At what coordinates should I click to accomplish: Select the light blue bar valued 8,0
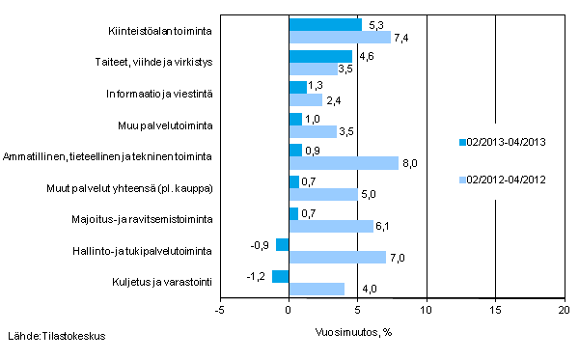(x=344, y=163)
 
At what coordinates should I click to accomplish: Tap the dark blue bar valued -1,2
(x=281, y=276)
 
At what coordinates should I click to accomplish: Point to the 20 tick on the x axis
(x=564, y=310)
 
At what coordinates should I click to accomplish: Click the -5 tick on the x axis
(x=220, y=310)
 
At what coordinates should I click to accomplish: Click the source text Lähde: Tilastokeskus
(x=57, y=336)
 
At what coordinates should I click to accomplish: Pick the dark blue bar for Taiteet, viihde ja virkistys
(x=320, y=56)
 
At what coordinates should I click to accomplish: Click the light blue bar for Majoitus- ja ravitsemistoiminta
(x=331, y=226)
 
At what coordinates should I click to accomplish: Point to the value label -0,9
(x=261, y=245)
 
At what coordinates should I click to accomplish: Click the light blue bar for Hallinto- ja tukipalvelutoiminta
(x=337, y=258)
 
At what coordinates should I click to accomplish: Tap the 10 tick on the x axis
(x=427, y=310)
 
